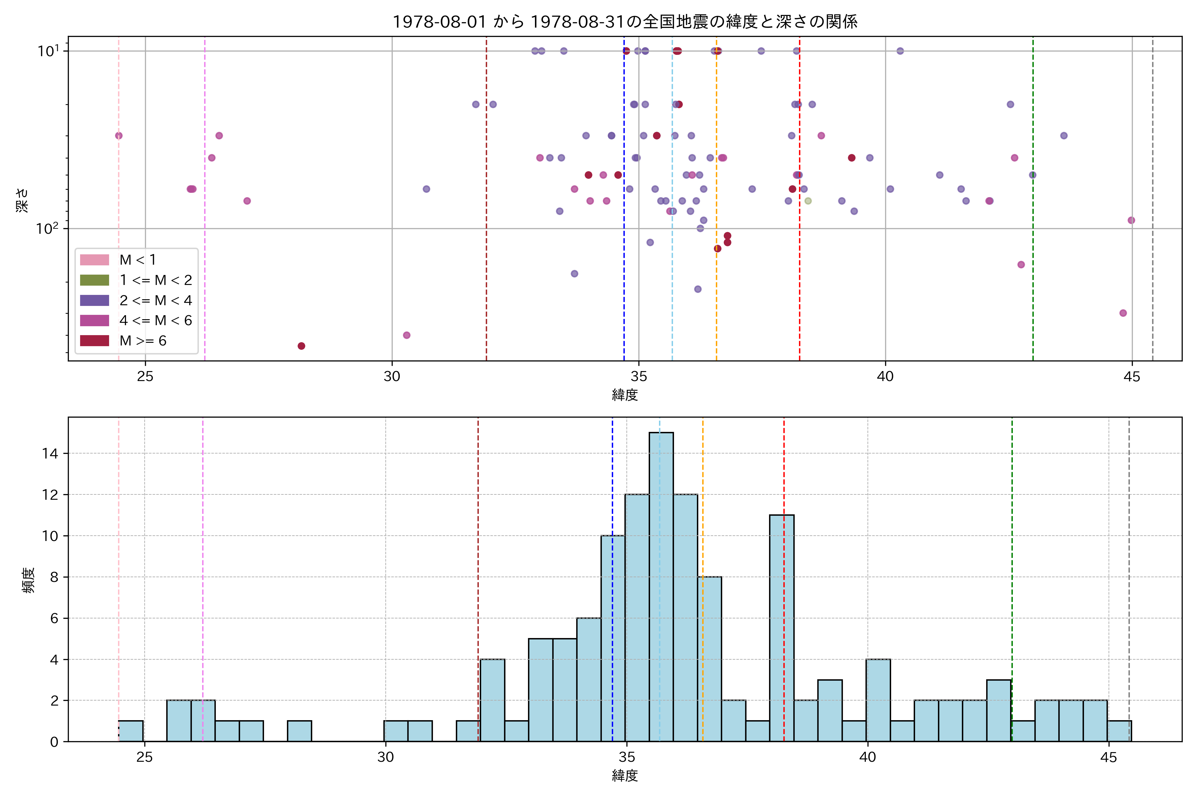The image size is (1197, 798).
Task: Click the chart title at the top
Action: pyautogui.click(x=625, y=21)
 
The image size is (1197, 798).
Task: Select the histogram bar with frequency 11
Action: pyautogui.click(x=782, y=628)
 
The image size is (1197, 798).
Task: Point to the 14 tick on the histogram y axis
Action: pyautogui.click(x=51, y=454)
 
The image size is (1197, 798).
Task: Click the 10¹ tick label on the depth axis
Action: pyautogui.click(x=48, y=51)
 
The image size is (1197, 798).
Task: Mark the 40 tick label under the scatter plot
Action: pyautogui.click(x=885, y=377)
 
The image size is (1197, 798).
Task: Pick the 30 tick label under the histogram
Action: pyautogui.click(x=386, y=757)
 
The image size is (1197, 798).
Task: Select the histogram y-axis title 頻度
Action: pyautogui.click(x=29, y=580)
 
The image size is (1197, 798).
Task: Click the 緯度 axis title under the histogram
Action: pyautogui.click(x=625, y=776)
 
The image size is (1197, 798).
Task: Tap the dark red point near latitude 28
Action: pyautogui.click(x=301, y=346)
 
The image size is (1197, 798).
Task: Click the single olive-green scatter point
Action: pyautogui.click(x=808, y=201)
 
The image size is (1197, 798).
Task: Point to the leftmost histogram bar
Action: pyautogui.click(x=131, y=731)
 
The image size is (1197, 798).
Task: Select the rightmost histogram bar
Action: pyautogui.click(x=1119, y=731)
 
